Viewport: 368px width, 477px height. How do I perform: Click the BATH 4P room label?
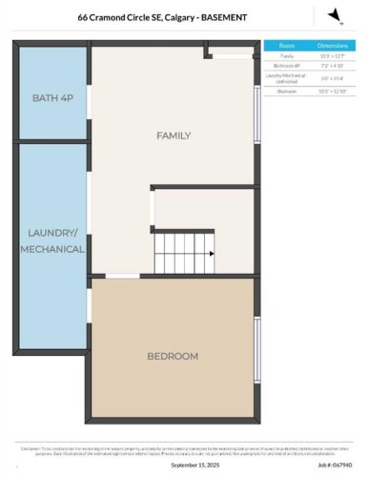coord(51,98)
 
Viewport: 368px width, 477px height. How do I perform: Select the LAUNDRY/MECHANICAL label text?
coord(51,240)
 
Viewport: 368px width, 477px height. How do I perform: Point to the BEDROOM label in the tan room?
coord(173,356)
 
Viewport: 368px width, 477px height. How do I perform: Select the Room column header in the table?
coord(286,45)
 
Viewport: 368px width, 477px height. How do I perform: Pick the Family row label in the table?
coord(286,56)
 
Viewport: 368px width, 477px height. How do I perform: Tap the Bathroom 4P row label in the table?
coord(286,66)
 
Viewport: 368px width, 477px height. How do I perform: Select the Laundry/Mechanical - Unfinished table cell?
coord(286,78)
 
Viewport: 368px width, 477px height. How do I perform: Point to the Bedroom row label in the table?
coord(286,91)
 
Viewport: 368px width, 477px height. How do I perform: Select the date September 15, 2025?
coord(194,466)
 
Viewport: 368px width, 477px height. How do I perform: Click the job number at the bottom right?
coord(331,466)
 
